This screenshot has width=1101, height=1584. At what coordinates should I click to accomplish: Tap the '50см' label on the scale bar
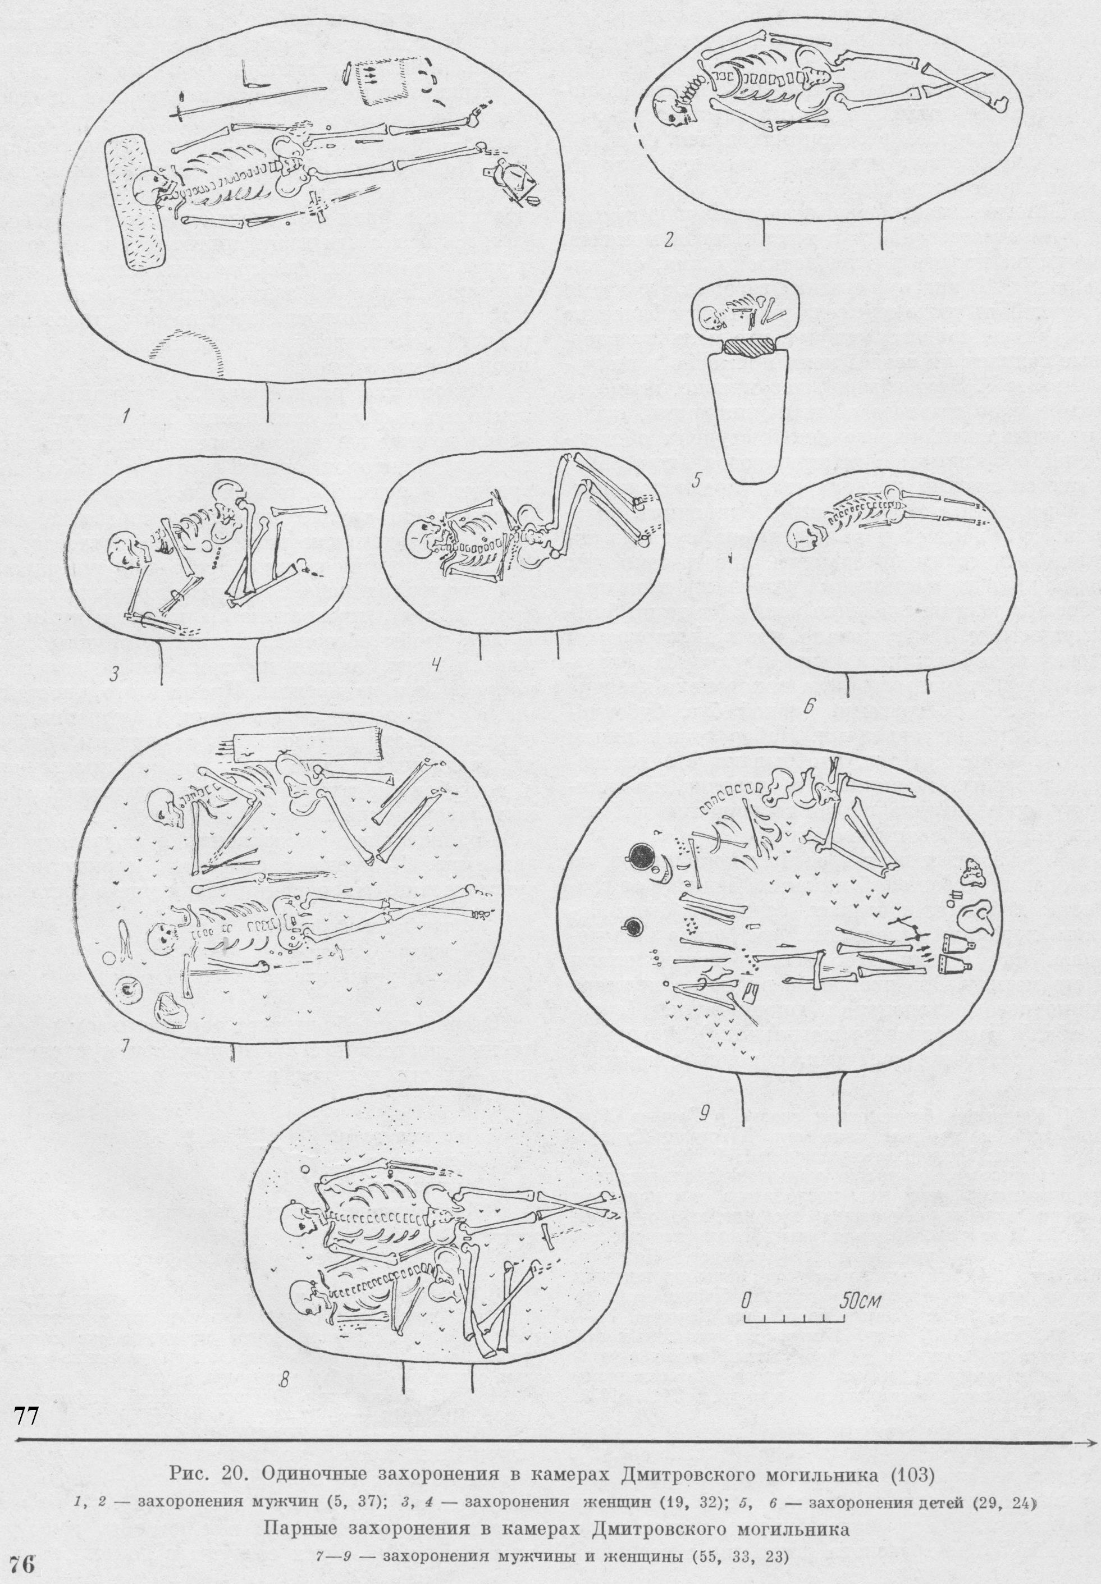(859, 1299)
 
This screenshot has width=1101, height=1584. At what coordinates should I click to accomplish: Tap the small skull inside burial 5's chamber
(709, 317)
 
